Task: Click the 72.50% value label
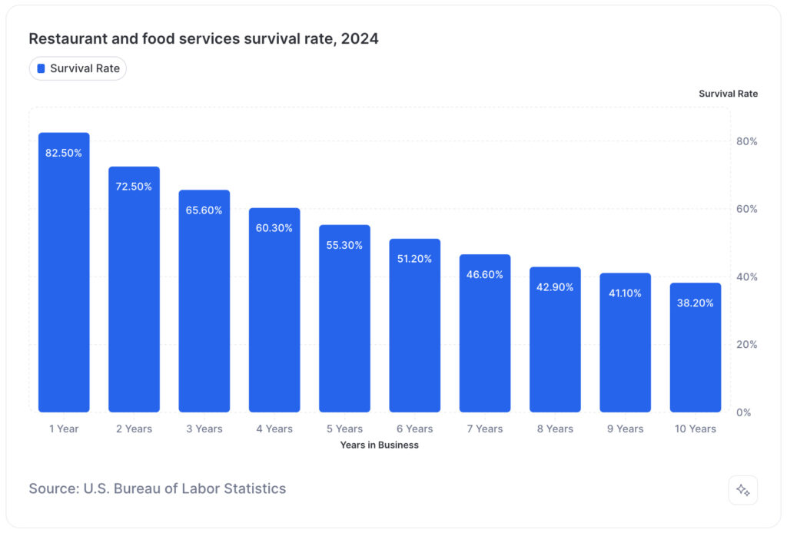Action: (134, 187)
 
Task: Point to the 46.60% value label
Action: (484, 274)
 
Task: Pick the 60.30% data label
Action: (274, 228)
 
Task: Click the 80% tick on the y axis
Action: (747, 141)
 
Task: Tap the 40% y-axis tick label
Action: (747, 276)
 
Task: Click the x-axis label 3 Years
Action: (204, 429)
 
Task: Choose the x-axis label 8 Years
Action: (555, 429)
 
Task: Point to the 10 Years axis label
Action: (695, 429)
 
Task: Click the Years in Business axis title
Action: (379, 445)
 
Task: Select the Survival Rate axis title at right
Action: (728, 94)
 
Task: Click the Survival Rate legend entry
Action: (78, 68)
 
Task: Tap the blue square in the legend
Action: (41, 68)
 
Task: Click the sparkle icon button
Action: (742, 490)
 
